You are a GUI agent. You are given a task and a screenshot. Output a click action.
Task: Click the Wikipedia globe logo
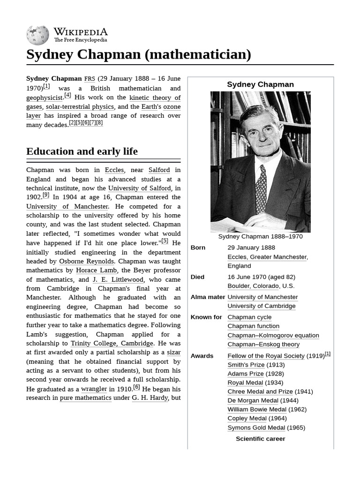(37, 36)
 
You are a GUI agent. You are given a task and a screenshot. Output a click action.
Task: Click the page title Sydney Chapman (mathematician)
(139, 54)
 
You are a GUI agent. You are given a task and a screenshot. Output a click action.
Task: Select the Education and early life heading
(82, 151)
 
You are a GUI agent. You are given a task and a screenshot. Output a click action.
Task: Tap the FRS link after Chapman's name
(90, 79)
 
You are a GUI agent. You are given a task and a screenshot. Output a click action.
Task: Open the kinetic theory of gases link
(155, 97)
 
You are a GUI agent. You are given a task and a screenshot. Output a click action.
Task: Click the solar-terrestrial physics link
(80, 106)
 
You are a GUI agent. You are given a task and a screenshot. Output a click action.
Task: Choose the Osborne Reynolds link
(86, 261)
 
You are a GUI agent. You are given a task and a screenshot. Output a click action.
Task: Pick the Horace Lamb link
(97, 270)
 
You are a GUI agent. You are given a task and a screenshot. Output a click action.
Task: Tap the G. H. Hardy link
(150, 398)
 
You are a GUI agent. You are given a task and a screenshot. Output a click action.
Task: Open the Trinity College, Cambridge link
(112, 343)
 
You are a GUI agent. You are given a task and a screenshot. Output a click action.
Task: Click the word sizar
(174, 352)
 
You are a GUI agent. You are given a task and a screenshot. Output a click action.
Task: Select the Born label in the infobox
(198, 247)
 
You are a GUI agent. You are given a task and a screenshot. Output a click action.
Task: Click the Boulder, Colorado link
(253, 286)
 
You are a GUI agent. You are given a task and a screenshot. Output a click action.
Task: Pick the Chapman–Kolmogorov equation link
(273, 335)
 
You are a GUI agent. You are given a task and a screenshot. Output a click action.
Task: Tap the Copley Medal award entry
(247, 418)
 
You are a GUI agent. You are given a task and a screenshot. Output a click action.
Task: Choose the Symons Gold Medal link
(256, 427)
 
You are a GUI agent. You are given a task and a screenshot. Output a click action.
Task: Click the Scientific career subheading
(260, 439)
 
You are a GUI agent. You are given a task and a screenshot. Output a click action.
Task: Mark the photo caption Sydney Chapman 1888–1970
(260, 236)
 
